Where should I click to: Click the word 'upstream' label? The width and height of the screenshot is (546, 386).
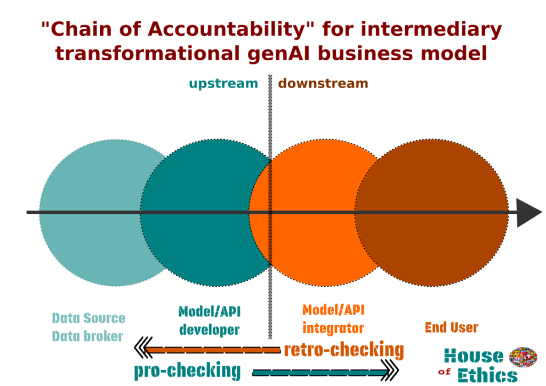coord(223,84)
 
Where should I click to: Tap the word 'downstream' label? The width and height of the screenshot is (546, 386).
coord(323,84)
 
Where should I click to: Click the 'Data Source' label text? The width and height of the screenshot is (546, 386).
coord(89,318)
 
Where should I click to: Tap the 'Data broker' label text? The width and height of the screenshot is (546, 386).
coord(87,336)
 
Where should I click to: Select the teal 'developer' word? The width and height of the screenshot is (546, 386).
coord(209,329)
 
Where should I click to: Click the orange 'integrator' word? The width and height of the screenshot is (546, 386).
coord(333,328)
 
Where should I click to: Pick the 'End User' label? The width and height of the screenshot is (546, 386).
coord(451,327)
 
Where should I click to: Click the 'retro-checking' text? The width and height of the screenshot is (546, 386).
coord(344,350)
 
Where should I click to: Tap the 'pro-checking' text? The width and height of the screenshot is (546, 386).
coord(187,371)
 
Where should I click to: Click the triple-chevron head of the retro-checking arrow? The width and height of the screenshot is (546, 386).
coord(143,347)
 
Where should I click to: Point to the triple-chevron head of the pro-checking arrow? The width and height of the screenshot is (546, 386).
coord(390,371)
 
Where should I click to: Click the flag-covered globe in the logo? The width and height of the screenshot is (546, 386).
coord(523,357)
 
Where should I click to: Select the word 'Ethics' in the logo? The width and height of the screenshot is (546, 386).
coord(487,375)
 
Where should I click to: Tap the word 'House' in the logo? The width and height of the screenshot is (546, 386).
coord(474,356)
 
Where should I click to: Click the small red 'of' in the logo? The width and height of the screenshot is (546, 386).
coord(444,372)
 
